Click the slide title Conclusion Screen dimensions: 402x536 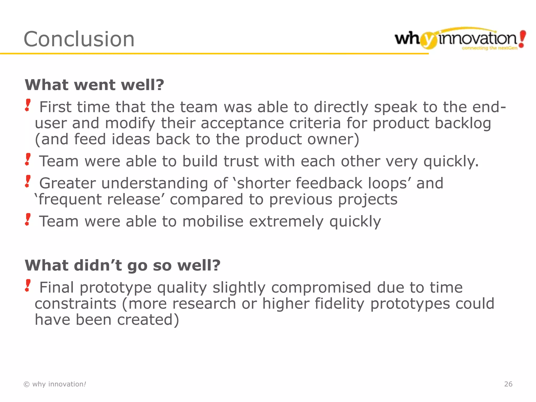click(x=79, y=39)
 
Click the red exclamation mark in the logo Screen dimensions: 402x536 click(x=522, y=39)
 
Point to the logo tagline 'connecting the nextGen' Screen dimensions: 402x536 click(x=489, y=48)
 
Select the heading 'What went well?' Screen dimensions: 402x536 click(x=94, y=85)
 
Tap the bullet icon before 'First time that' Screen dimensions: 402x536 click(x=28, y=105)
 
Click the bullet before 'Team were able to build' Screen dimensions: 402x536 click(x=28, y=159)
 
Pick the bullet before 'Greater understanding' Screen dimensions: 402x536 click(x=28, y=181)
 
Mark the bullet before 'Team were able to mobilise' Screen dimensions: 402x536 click(x=28, y=220)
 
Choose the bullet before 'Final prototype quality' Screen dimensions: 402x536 click(x=28, y=286)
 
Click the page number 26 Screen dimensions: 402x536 click(x=508, y=384)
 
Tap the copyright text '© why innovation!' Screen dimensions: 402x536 click(x=55, y=384)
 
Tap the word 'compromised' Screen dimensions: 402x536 click(x=321, y=287)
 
